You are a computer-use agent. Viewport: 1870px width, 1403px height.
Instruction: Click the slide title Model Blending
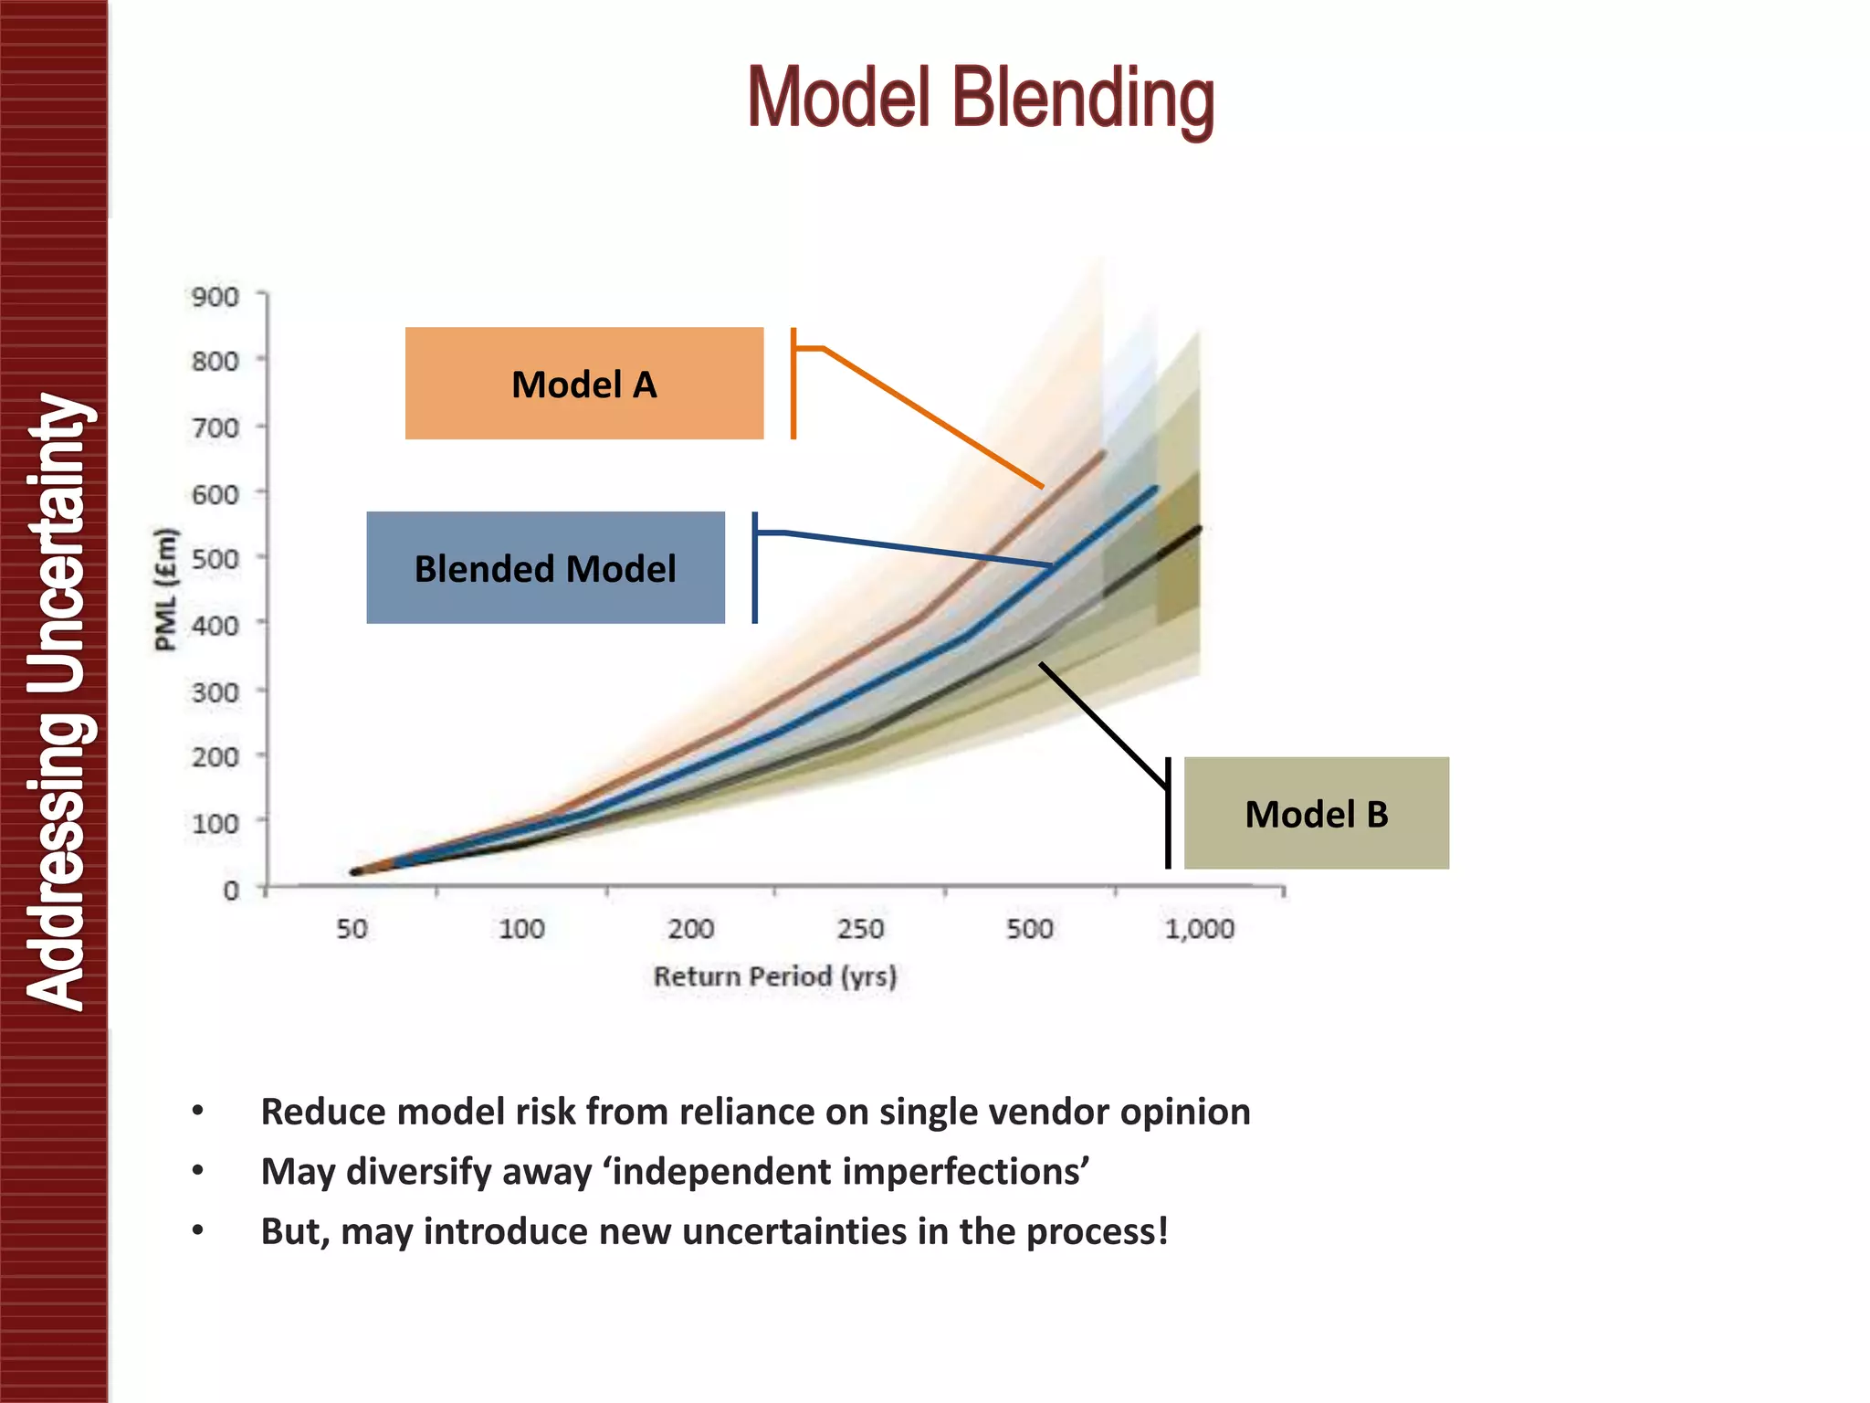981,99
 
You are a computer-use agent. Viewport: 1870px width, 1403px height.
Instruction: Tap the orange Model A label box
584,384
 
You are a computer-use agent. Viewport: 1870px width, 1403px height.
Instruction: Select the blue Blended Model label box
545,568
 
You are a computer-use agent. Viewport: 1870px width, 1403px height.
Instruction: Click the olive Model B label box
1316,813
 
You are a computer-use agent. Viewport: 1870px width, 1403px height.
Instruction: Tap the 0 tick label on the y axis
231,890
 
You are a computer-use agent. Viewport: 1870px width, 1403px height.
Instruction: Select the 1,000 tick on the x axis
1199,929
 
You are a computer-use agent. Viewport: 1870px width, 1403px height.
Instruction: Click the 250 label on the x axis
860,929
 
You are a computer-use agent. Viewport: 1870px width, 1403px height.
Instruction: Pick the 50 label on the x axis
352,929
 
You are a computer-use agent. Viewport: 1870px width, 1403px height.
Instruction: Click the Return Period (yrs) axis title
775,976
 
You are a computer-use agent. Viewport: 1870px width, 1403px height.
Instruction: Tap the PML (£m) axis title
165,589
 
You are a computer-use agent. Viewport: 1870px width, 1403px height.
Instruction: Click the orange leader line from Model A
931,417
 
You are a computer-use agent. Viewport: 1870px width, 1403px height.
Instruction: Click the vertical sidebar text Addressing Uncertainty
57,701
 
